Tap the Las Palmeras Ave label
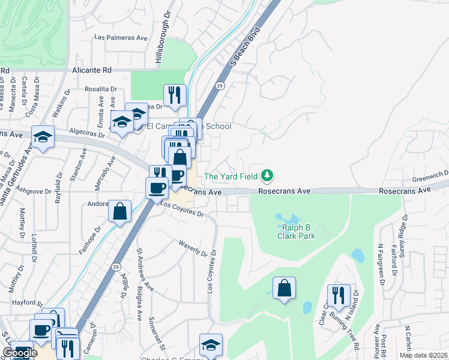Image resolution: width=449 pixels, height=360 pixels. [x=121, y=37]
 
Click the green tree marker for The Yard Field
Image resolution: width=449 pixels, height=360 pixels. [x=267, y=176]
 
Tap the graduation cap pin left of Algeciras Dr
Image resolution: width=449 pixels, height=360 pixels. [x=43, y=137]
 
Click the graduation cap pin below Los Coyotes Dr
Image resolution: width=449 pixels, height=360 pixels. [x=211, y=344]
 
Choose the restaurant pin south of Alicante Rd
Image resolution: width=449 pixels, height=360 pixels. [x=175, y=95]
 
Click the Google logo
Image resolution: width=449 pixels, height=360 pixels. [x=19, y=353]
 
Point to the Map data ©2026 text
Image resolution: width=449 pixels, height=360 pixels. [x=423, y=355]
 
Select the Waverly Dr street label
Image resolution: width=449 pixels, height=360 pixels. [x=192, y=247]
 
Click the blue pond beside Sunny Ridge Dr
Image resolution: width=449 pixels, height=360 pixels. [x=358, y=256]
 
